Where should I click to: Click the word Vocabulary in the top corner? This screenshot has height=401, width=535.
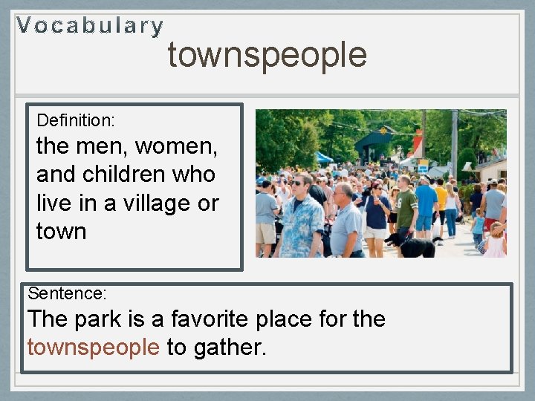pos(90,26)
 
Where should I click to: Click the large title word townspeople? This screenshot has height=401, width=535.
pos(267,55)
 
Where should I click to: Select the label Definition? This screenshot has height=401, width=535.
pos(75,120)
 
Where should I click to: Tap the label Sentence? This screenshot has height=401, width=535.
pos(67,293)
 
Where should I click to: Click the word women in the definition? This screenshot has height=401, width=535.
pos(179,146)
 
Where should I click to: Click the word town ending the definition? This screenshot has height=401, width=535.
pos(61,231)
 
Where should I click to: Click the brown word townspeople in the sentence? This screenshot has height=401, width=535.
pos(93,347)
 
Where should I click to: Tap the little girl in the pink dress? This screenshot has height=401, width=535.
pos(495,241)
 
